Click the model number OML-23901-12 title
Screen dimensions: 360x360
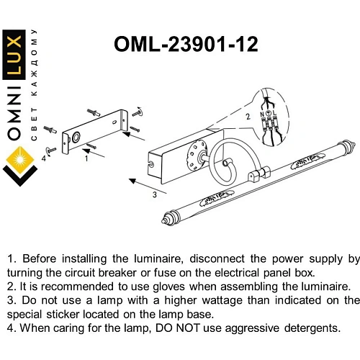click(186, 45)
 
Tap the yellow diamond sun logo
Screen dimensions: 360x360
click(20, 160)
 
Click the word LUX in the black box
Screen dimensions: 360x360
click(14, 55)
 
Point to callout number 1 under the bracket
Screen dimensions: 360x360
click(86, 158)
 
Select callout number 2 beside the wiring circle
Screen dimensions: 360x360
click(248, 117)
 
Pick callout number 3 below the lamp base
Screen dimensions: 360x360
click(155, 194)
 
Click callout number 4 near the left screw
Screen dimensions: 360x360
click(43, 158)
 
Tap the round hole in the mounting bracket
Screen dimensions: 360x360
click(76, 137)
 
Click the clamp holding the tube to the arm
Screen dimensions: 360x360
click(258, 174)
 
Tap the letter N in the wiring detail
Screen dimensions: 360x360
click(262, 114)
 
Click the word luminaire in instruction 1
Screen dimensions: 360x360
click(157, 259)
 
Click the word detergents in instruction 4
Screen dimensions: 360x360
click(312, 328)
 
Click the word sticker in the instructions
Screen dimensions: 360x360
click(63, 315)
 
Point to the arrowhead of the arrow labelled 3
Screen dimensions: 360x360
click(132, 181)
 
